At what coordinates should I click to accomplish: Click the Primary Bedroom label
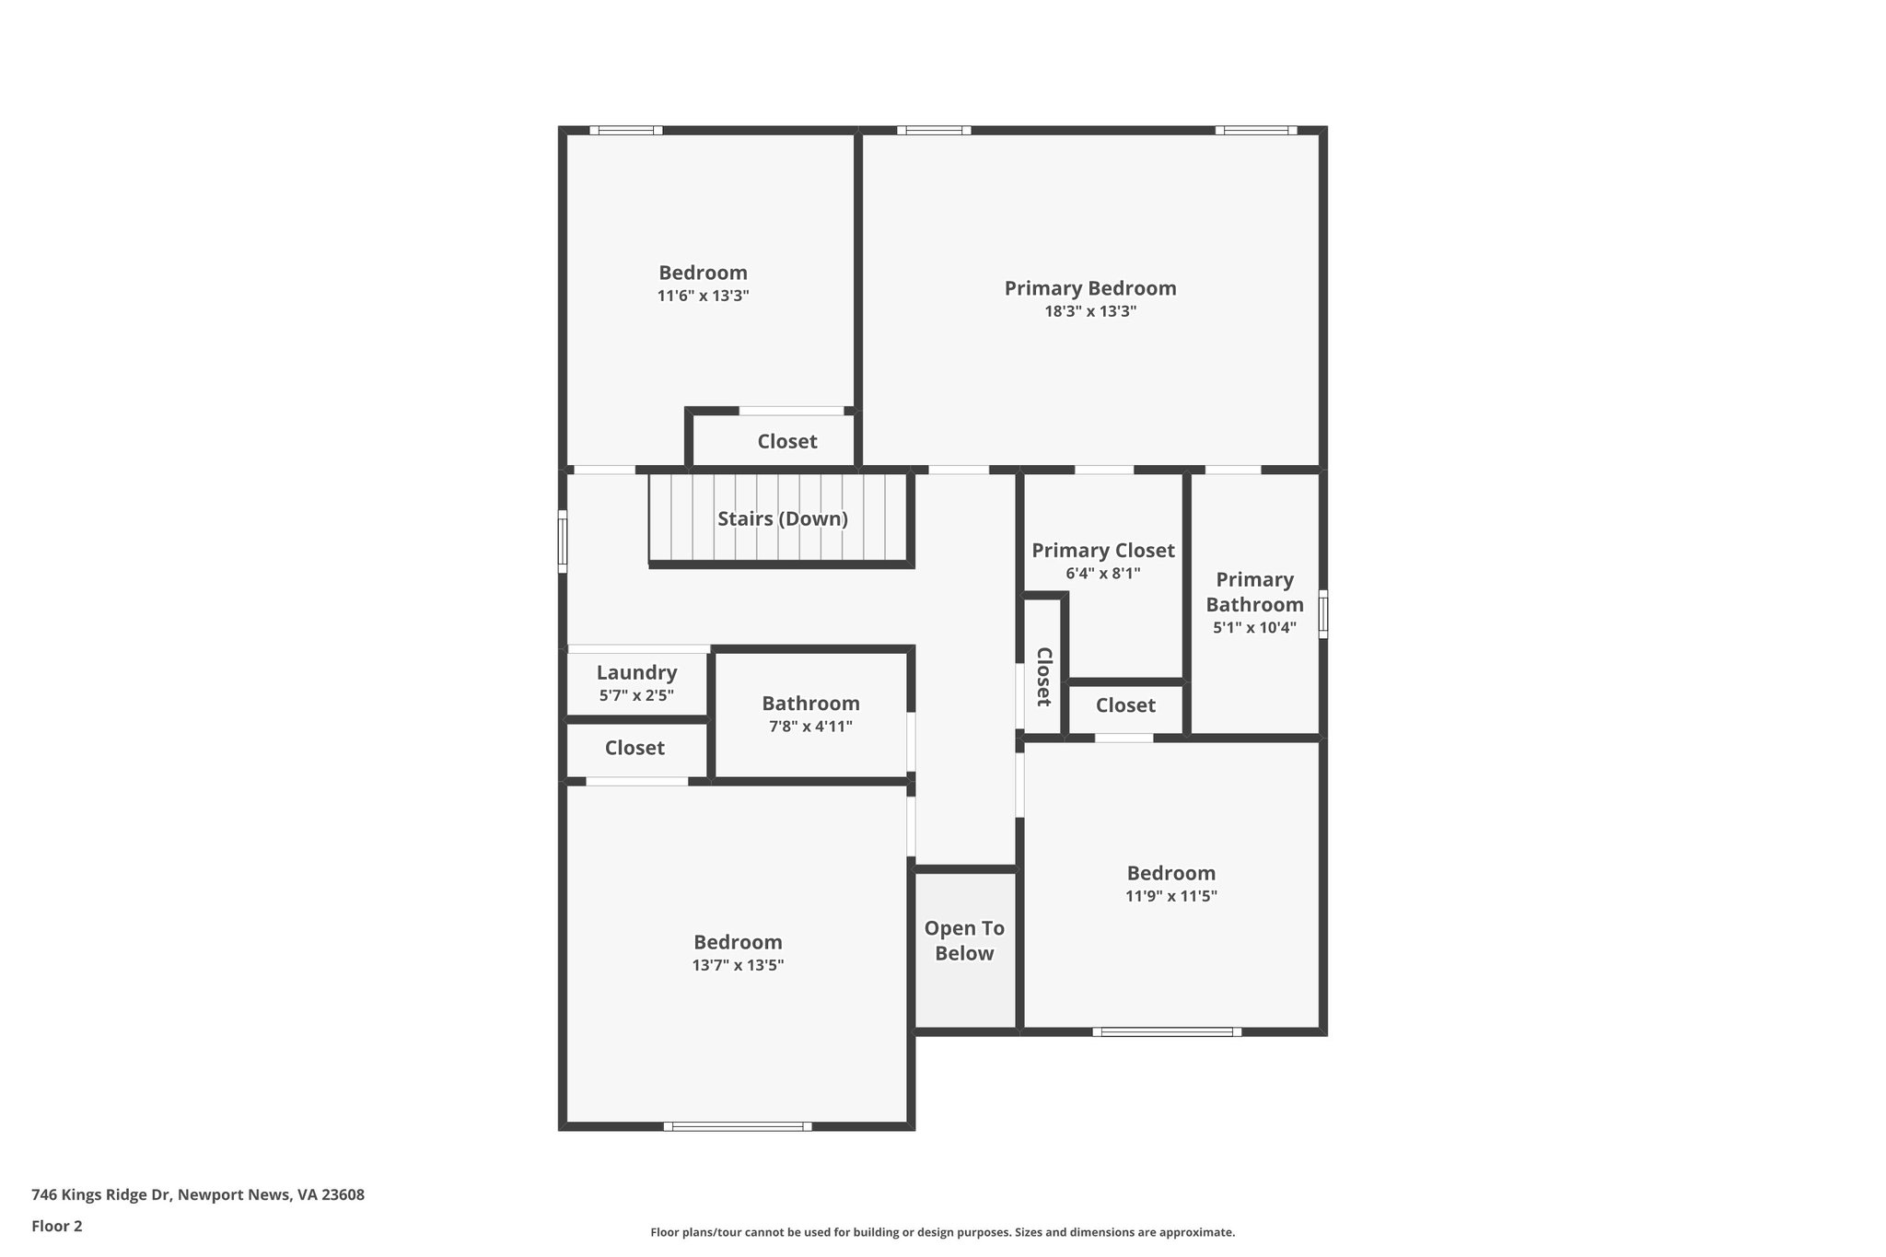1089,288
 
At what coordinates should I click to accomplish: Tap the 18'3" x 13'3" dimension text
1089,311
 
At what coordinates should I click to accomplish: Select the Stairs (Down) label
782,518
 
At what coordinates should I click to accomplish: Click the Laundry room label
636,672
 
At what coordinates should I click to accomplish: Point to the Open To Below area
964,940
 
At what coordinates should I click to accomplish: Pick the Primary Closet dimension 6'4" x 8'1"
1102,574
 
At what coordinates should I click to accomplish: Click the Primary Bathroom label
1254,592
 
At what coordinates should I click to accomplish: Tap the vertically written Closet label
1043,676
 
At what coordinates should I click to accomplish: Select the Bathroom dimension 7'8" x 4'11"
810,727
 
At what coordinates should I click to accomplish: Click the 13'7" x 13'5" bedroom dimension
738,965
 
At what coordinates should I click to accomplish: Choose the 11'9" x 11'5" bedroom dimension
1170,896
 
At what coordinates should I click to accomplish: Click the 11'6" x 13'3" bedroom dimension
703,296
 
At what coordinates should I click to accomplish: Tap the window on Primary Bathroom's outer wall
1323,614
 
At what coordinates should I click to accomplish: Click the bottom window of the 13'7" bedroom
738,1125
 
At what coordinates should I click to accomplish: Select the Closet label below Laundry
634,748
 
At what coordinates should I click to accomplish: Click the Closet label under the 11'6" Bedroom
786,441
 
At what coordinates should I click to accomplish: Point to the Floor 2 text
57,1226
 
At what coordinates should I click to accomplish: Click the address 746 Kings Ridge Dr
197,1195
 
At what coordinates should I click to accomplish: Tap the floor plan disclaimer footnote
942,1232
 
